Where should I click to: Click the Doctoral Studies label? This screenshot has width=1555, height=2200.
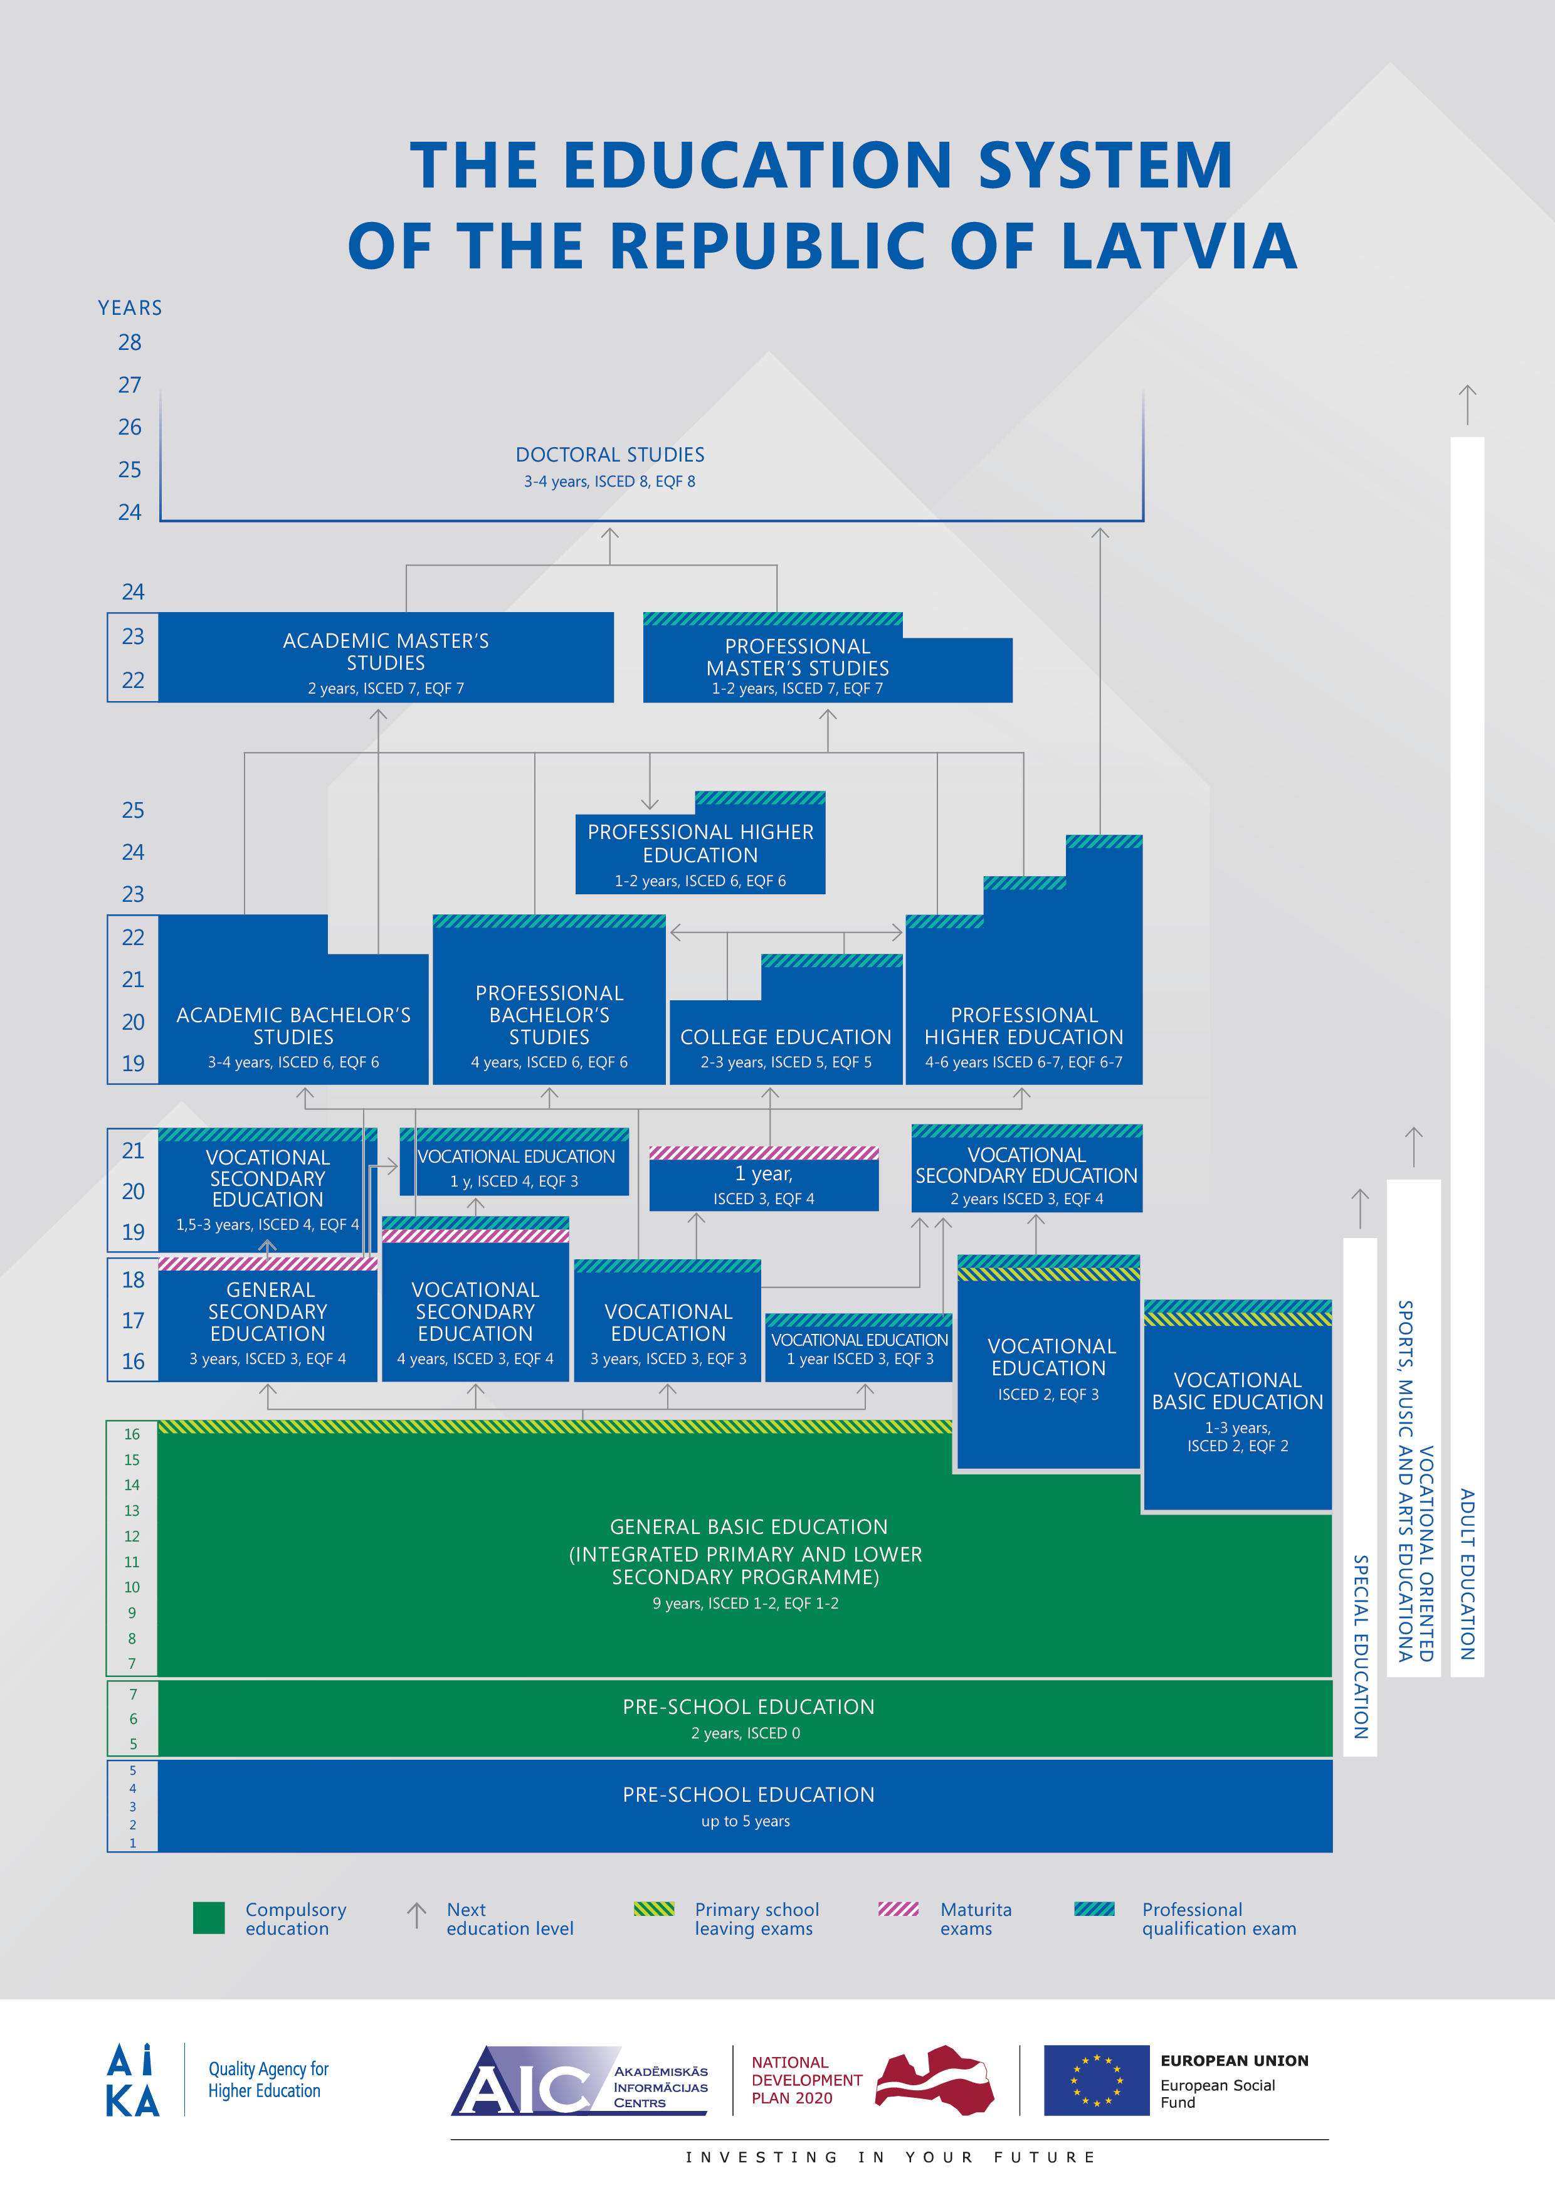(609, 454)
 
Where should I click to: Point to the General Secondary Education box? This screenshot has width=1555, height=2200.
(268, 1319)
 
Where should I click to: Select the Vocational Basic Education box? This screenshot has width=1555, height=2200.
(1238, 1405)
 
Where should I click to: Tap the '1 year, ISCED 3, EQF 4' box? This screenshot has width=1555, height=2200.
(764, 1178)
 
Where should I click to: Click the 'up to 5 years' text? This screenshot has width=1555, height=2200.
(746, 1821)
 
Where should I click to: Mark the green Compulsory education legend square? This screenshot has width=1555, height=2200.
(209, 1918)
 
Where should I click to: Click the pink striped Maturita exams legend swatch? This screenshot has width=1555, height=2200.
(899, 1909)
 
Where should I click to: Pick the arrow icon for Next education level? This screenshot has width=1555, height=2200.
(417, 1915)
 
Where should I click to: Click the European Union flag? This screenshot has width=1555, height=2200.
(1096, 2080)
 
